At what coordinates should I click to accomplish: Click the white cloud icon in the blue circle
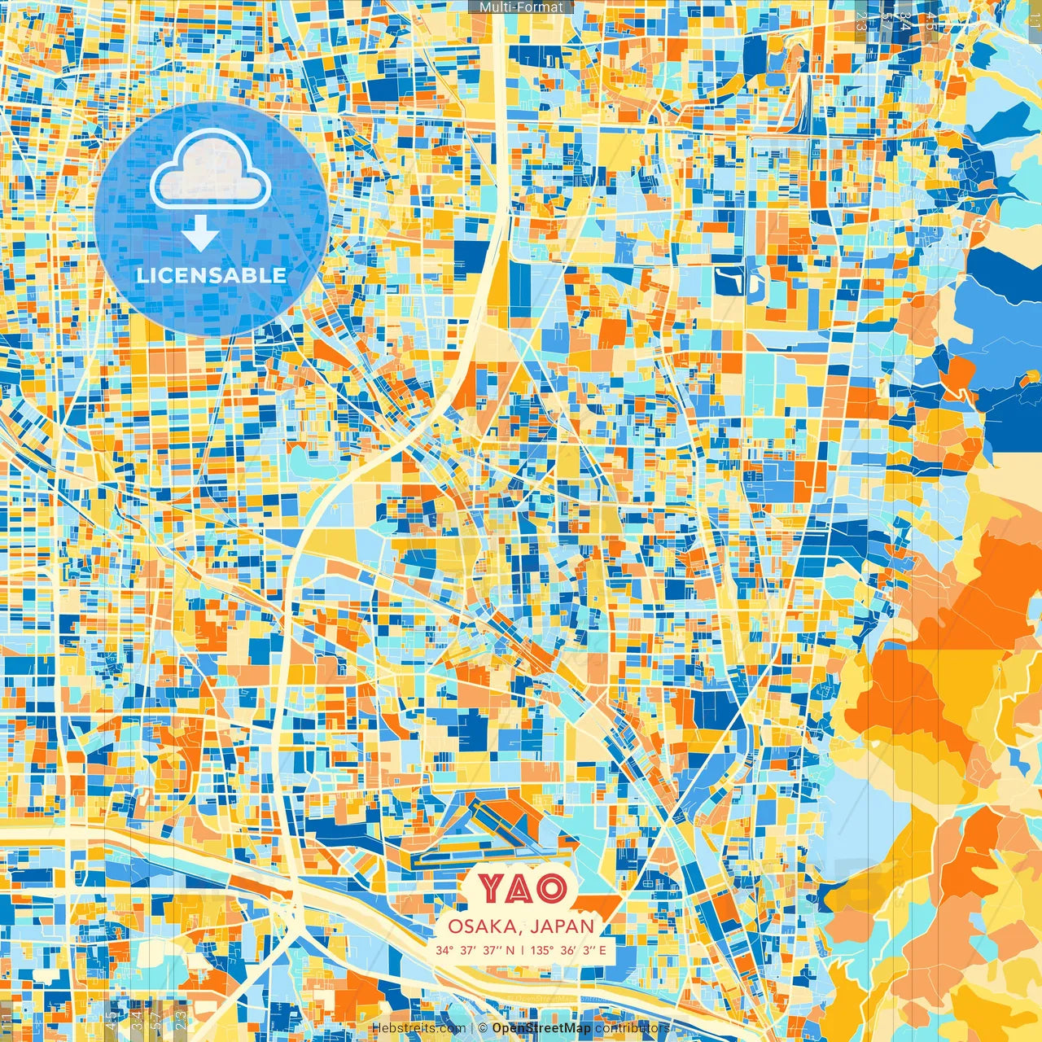pyautogui.click(x=211, y=170)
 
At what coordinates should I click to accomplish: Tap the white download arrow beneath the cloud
pyautogui.click(x=200, y=234)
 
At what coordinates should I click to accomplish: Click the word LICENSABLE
pyautogui.click(x=212, y=275)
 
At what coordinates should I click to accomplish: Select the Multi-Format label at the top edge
pyautogui.click(x=521, y=7)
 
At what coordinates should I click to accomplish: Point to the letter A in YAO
pyautogui.click(x=521, y=889)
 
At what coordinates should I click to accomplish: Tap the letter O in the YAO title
pyautogui.click(x=550, y=889)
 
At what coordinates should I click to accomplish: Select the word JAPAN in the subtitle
pyautogui.click(x=563, y=926)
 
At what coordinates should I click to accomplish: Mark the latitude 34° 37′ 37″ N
pyautogui.click(x=475, y=950)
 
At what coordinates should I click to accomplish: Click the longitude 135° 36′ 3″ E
pyautogui.click(x=568, y=950)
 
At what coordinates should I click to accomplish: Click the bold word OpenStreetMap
pyautogui.click(x=541, y=1028)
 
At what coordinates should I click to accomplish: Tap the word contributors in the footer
pyautogui.click(x=632, y=1028)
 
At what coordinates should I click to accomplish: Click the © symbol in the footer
pyautogui.click(x=483, y=1028)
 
